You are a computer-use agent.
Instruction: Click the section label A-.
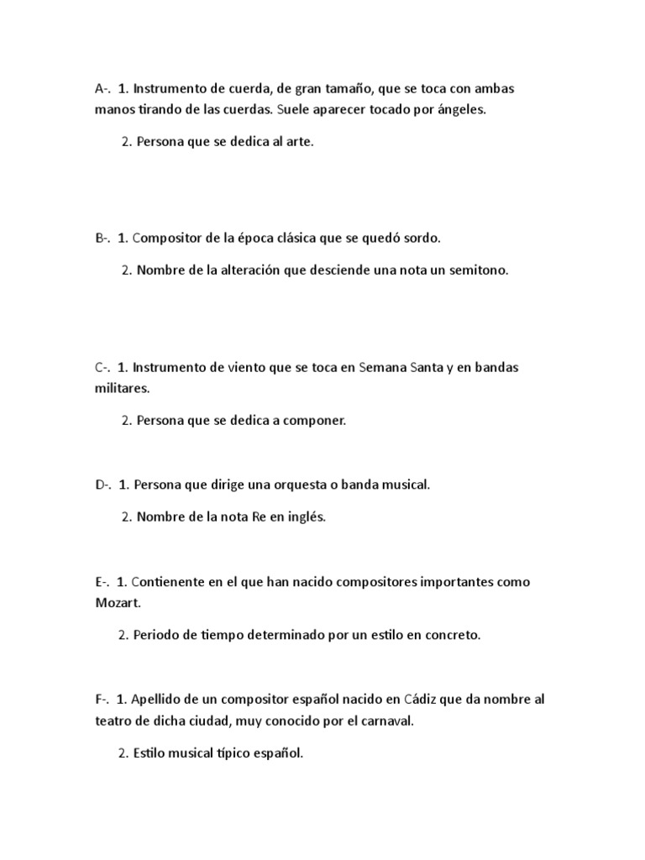(x=103, y=87)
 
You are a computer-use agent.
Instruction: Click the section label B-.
(x=103, y=238)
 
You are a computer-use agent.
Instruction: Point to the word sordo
(x=422, y=238)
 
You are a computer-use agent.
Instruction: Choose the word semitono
(x=480, y=270)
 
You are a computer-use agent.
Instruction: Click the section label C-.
(x=103, y=367)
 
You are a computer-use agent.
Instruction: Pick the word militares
(x=123, y=389)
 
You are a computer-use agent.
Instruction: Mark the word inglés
(x=307, y=517)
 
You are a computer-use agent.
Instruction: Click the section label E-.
(x=103, y=581)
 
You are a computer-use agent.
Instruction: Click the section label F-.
(x=102, y=699)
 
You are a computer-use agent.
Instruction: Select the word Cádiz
(x=422, y=699)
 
